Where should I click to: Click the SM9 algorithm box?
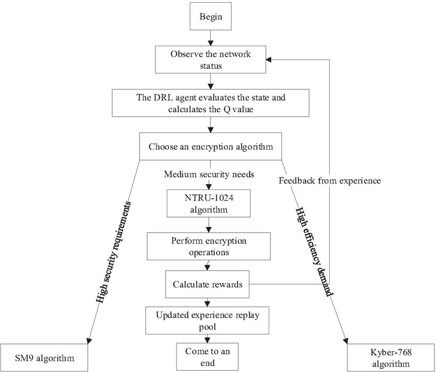45,358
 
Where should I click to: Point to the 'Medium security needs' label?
209,174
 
